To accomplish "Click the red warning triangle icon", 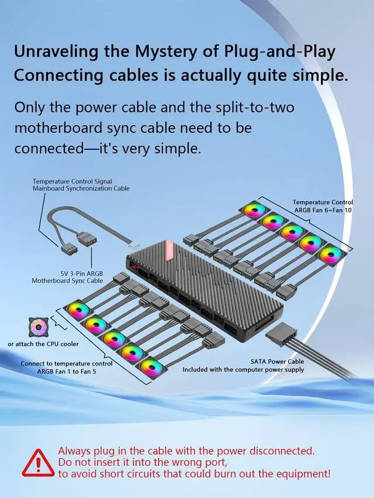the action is [38, 463].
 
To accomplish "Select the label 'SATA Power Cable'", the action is [277, 362].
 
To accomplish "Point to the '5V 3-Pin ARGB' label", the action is [82, 273].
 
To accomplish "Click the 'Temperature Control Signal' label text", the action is [72, 181].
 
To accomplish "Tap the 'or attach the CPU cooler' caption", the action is [43, 344].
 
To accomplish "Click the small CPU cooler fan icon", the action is [39, 327].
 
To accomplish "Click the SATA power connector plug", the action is [281, 332].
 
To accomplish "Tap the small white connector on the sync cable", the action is [134, 245].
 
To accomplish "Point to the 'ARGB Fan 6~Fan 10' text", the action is [323, 210].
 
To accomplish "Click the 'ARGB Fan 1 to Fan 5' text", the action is [66, 371].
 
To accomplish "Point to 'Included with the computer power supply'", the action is [243, 370].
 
